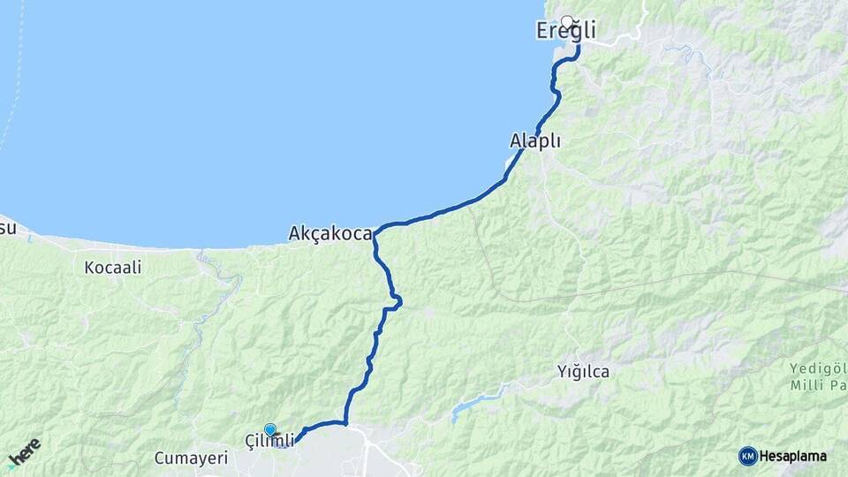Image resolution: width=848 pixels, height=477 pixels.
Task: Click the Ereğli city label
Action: (x=566, y=32)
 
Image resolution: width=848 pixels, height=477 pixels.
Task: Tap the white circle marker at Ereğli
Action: (x=567, y=21)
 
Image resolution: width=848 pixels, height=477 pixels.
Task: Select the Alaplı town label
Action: (x=535, y=140)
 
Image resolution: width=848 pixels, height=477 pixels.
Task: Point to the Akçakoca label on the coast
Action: (x=330, y=234)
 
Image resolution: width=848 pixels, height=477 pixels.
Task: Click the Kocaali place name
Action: (x=113, y=266)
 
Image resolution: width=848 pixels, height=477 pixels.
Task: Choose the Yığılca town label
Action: (x=583, y=371)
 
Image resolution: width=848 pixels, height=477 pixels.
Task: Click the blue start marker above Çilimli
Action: (x=269, y=429)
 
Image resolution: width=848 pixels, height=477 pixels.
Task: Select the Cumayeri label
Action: (x=191, y=458)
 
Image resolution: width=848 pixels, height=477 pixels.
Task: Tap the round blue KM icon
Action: (x=748, y=456)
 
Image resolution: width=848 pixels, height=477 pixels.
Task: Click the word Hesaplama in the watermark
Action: (x=793, y=456)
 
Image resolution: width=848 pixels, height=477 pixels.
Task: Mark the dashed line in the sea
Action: (x=12, y=106)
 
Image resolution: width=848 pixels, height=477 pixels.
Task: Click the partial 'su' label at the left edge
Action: (x=7, y=228)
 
